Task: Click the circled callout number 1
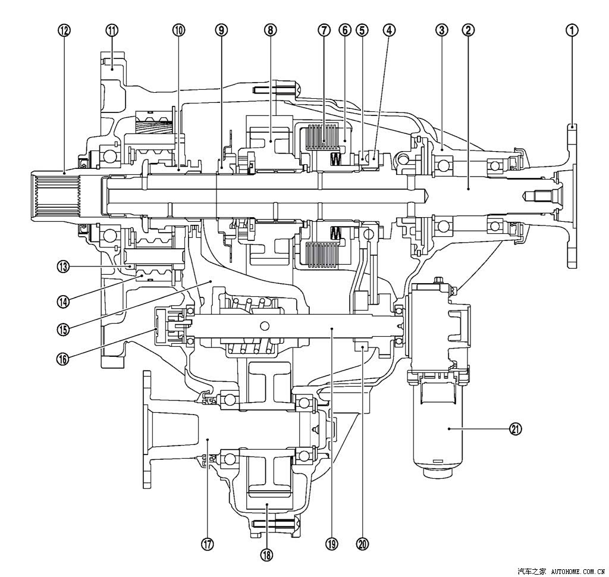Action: [572, 30]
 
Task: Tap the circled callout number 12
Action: [64, 30]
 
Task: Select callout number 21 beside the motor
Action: [516, 429]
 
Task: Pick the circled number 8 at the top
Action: [271, 30]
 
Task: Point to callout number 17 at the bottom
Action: [208, 545]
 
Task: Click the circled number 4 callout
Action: [389, 30]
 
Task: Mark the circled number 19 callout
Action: [332, 544]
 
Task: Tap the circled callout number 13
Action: [63, 267]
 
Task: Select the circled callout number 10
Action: [178, 30]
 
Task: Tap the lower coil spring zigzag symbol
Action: [335, 233]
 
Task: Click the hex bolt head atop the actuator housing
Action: [439, 280]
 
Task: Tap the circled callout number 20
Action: [363, 544]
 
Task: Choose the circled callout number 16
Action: [63, 359]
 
